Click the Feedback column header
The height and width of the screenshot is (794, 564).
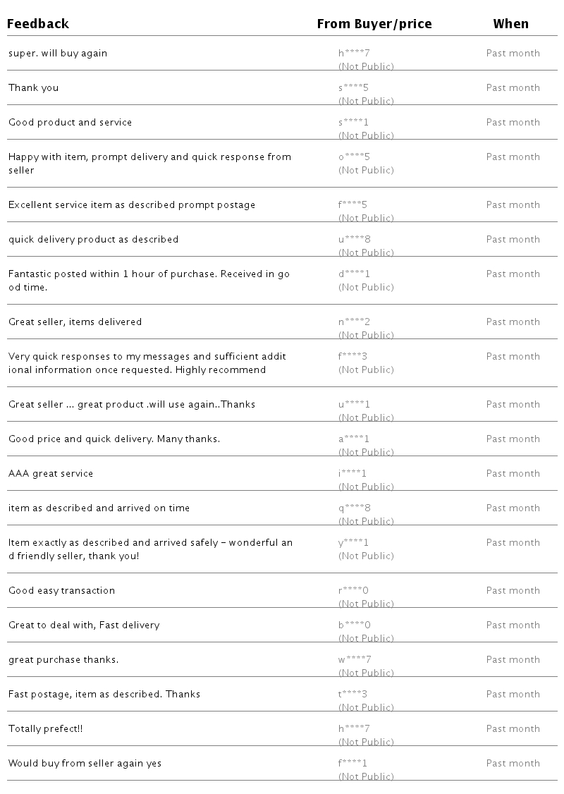tap(38, 24)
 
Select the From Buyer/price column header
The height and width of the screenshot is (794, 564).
tap(374, 24)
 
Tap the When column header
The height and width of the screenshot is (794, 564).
tap(510, 24)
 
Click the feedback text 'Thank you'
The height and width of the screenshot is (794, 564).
tap(34, 88)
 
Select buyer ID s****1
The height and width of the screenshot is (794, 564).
tap(354, 123)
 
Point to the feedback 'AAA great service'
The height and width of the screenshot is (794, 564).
tap(51, 474)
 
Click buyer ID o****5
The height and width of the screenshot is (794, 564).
tap(354, 157)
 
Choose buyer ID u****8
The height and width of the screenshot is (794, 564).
tap(354, 240)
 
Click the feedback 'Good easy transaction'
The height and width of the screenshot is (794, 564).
tap(61, 591)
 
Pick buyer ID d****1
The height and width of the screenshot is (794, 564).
tap(354, 274)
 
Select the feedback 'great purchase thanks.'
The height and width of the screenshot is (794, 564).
tap(63, 660)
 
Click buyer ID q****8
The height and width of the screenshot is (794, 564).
tap(354, 508)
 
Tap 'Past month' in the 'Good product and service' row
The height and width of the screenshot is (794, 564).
tap(513, 123)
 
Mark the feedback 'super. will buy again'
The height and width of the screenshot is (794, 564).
tap(58, 54)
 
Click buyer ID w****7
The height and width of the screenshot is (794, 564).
tap(355, 660)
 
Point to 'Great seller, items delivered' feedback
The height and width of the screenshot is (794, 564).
tap(75, 322)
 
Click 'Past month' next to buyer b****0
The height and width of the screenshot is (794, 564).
tap(513, 625)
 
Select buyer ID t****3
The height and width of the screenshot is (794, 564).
tap(352, 695)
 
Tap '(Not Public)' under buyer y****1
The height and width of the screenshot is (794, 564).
tap(366, 556)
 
